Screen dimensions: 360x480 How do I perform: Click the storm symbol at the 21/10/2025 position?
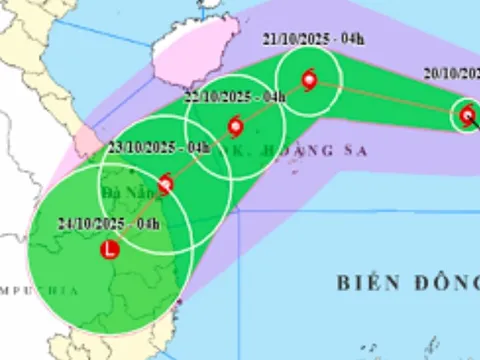(308, 80)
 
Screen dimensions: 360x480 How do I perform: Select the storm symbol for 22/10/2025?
(235, 127)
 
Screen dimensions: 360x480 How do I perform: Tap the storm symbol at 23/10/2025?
(165, 183)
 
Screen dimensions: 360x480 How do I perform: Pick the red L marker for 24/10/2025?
(109, 249)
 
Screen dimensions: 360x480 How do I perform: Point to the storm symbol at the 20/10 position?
(467, 115)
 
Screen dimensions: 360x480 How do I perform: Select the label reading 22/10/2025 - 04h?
(238, 96)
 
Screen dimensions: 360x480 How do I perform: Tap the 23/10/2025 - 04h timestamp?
(160, 148)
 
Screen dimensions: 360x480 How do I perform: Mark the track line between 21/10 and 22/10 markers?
(272, 103)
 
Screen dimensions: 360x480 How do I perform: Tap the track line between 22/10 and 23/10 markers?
(200, 155)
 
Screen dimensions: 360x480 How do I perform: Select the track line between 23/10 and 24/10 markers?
(137, 216)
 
